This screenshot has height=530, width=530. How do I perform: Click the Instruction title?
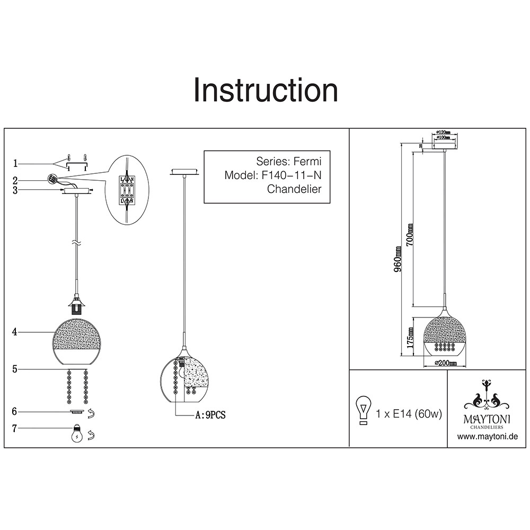click(266, 91)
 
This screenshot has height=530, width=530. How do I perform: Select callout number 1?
click(16, 163)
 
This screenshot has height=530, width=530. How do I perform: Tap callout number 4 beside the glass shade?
click(16, 332)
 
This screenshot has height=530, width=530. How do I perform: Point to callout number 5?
click(16, 368)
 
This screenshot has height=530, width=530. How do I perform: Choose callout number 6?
click(16, 411)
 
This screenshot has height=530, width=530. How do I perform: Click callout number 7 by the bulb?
click(16, 428)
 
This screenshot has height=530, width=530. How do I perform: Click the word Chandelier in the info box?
click(294, 189)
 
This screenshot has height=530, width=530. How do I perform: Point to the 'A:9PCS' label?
click(210, 416)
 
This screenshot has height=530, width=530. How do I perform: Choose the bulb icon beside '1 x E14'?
click(364, 410)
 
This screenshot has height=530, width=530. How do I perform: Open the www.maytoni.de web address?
click(487, 437)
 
